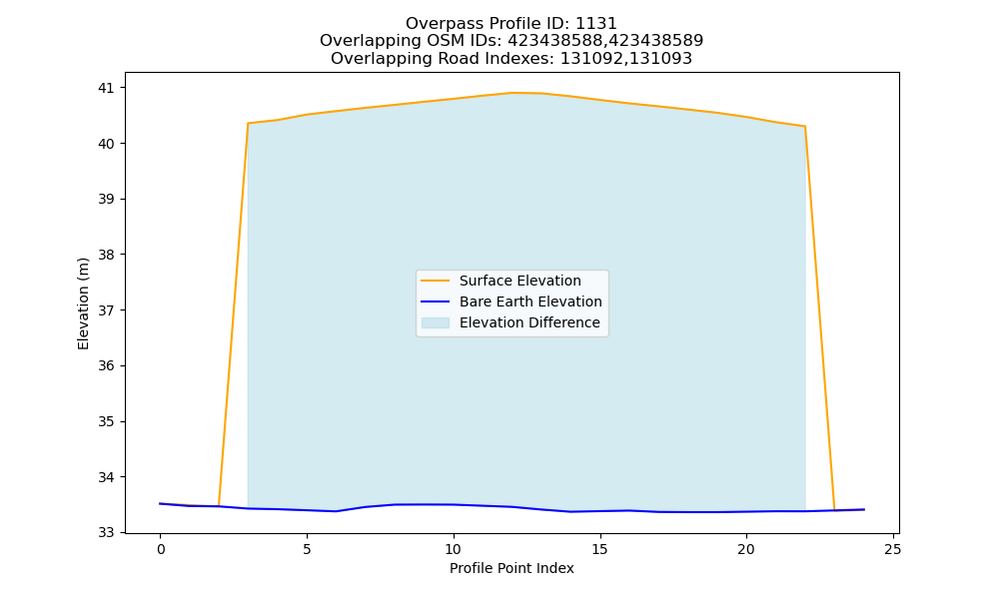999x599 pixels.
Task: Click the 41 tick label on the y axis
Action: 106,88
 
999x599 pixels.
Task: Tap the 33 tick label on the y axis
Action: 106,533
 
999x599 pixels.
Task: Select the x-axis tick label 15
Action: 599,549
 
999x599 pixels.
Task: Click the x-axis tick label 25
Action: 892,549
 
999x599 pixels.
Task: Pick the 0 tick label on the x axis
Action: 161,549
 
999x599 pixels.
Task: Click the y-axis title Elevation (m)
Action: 83,303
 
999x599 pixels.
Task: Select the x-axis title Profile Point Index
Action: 511,568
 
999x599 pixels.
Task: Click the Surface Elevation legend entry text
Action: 519,281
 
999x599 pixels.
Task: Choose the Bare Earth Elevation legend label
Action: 530,301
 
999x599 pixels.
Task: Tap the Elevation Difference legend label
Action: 529,322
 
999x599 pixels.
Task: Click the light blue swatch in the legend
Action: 436,322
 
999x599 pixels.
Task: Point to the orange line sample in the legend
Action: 436,281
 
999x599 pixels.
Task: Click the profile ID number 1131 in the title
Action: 596,24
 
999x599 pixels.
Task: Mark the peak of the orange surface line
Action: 512,93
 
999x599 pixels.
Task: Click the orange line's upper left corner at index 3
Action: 248,124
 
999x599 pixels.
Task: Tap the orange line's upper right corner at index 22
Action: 804,126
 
